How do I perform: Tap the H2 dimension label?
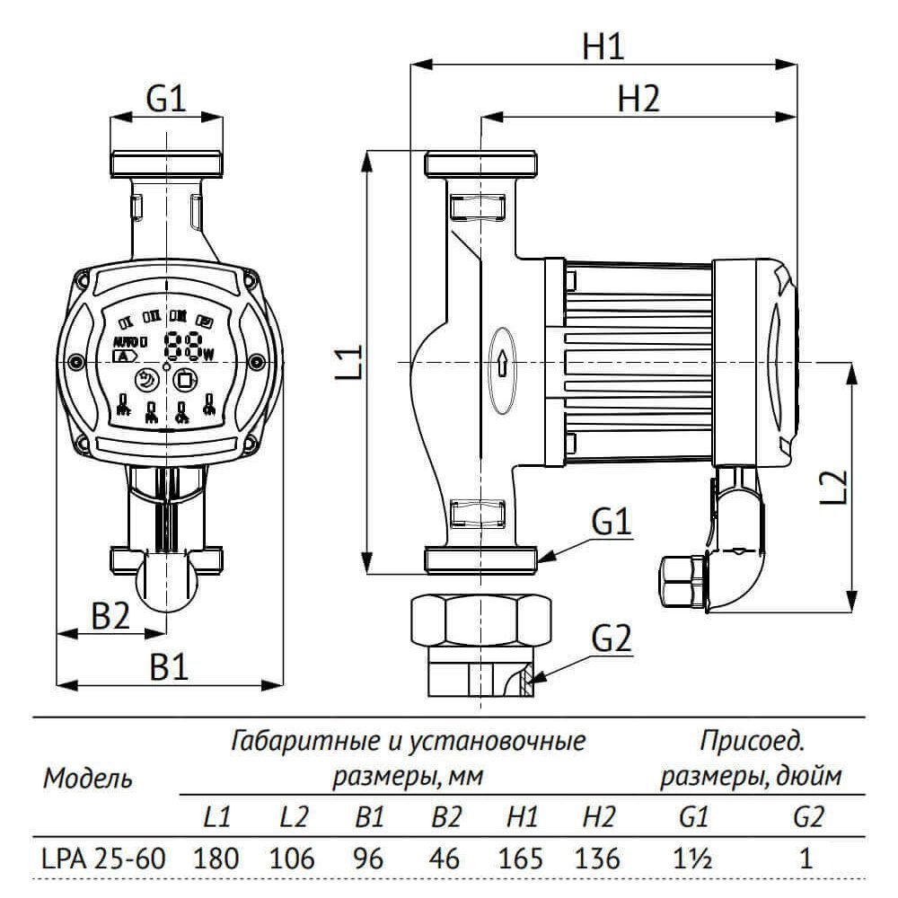(x=638, y=99)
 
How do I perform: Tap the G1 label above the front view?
(x=166, y=100)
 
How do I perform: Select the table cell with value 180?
(x=216, y=858)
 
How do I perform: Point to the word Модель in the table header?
(x=88, y=778)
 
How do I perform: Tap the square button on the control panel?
(x=185, y=380)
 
